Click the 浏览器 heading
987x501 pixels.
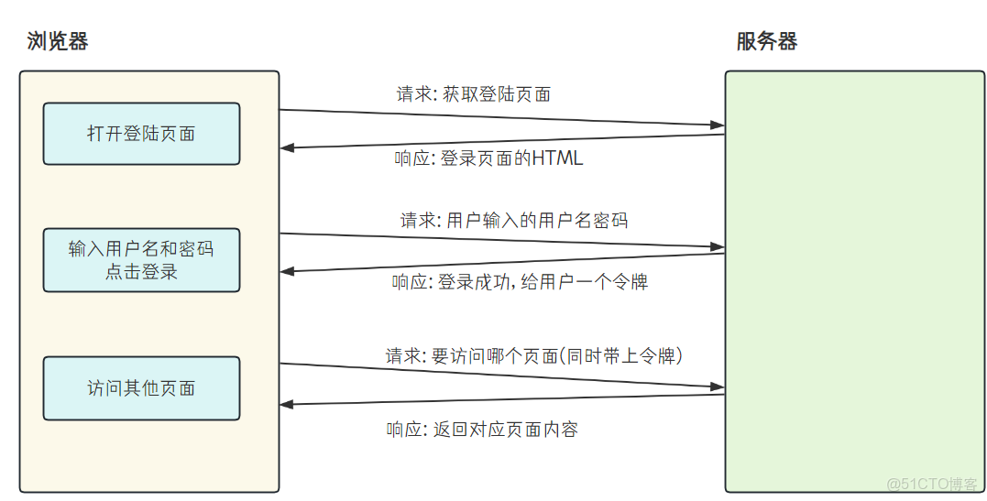click(58, 41)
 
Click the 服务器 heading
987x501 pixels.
click(767, 41)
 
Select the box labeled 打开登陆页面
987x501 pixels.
click(141, 134)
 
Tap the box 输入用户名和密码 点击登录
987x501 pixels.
click(141, 260)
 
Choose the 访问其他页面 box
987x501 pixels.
click(141, 388)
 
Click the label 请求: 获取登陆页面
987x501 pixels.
click(473, 93)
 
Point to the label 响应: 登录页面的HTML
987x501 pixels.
click(488, 158)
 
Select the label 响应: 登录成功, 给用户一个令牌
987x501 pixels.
click(520, 282)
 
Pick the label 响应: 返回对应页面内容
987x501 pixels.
click(482, 430)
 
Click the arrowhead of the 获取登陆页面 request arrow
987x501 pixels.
click(717, 125)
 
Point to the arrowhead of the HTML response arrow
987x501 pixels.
click(288, 147)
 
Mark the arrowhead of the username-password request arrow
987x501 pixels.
click(717, 247)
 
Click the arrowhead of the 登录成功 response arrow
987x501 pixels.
click(288, 271)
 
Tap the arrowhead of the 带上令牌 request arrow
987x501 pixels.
click(717, 387)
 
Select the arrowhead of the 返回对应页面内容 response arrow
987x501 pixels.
click(288, 404)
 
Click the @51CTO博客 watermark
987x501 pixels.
click(933, 484)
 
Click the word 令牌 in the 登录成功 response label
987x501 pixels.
click(632, 282)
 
